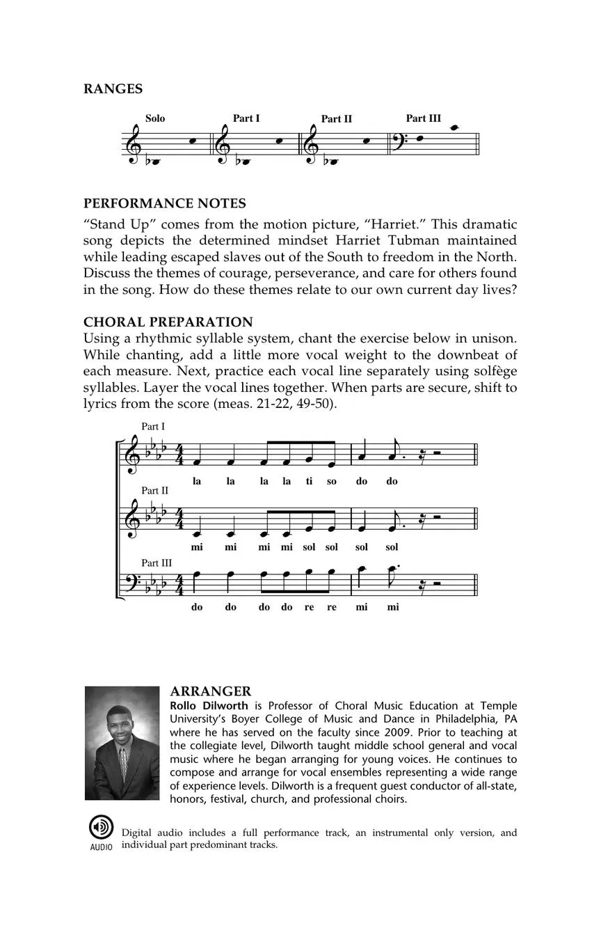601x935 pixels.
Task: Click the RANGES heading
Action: (113, 89)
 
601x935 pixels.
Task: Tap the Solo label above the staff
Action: (155, 118)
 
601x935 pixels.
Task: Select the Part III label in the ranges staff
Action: (423, 118)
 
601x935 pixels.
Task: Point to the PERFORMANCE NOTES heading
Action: (165, 203)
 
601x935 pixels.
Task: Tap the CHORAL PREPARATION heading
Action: (168, 322)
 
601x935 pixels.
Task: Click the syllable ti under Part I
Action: (309, 481)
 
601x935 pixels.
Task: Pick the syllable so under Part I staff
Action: (332, 481)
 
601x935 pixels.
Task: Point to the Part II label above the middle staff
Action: (155, 491)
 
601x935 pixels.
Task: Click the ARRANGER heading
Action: (210, 691)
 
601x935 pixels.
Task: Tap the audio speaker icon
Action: (101, 827)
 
